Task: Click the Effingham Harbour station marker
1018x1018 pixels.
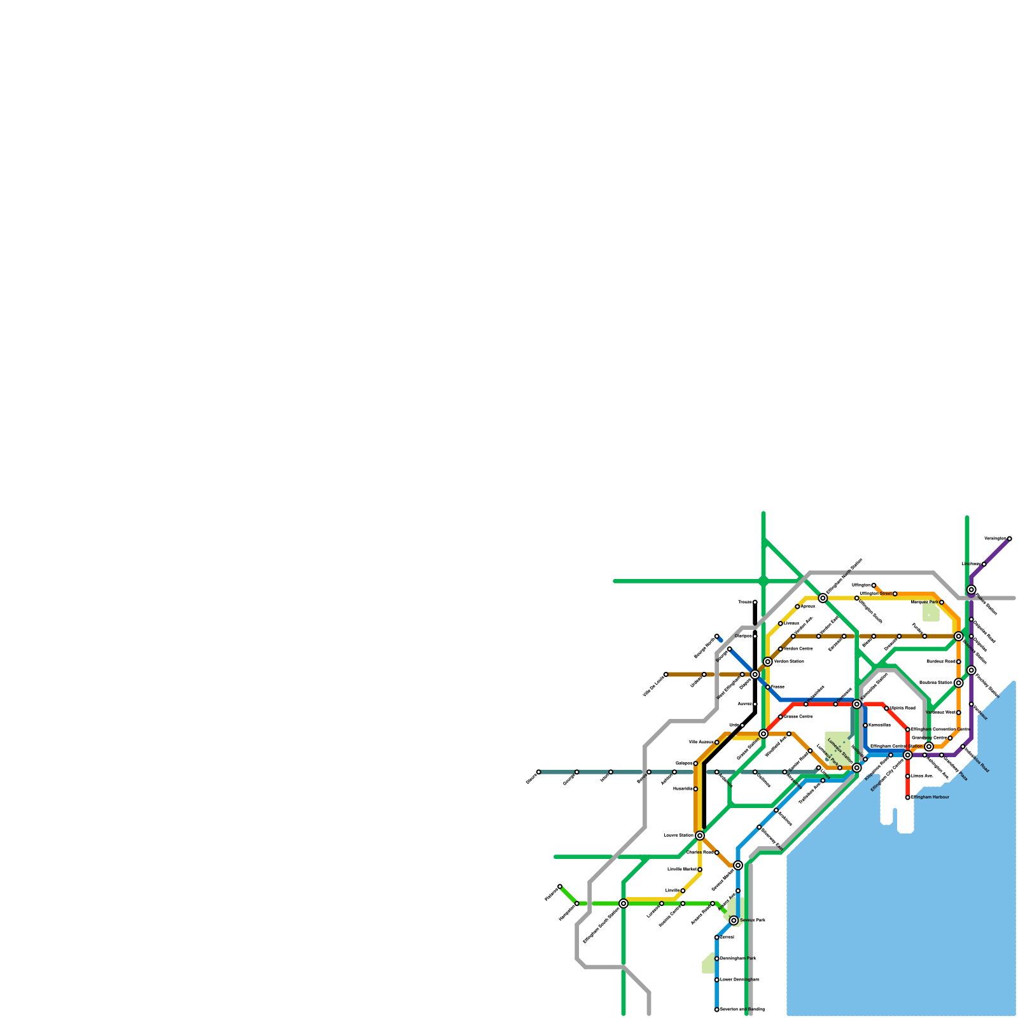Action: click(908, 797)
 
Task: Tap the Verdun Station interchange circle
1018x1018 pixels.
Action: click(768, 662)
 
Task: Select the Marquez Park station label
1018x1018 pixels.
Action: click(924, 602)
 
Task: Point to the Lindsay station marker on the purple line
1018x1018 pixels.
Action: click(984, 564)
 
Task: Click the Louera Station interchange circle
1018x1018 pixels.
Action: click(700, 835)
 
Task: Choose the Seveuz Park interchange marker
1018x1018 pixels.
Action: click(734, 921)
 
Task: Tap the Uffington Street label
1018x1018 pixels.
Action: click(875, 594)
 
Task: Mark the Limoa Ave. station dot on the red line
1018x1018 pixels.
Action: click(908, 776)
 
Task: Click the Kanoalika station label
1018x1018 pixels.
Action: click(879, 725)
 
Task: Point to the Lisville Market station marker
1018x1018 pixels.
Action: click(700, 870)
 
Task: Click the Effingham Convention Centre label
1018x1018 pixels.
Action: click(940, 730)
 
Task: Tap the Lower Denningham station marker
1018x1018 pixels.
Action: click(717, 980)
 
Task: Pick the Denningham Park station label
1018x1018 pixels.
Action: click(738, 958)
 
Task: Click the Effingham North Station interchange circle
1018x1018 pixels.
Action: click(823, 598)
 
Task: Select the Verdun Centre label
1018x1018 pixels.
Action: click(798, 649)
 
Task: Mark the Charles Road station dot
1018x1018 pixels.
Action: click(717, 853)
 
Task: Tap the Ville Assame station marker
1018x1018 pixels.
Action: click(717, 743)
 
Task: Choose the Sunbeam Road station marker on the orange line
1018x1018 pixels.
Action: click(959, 662)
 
